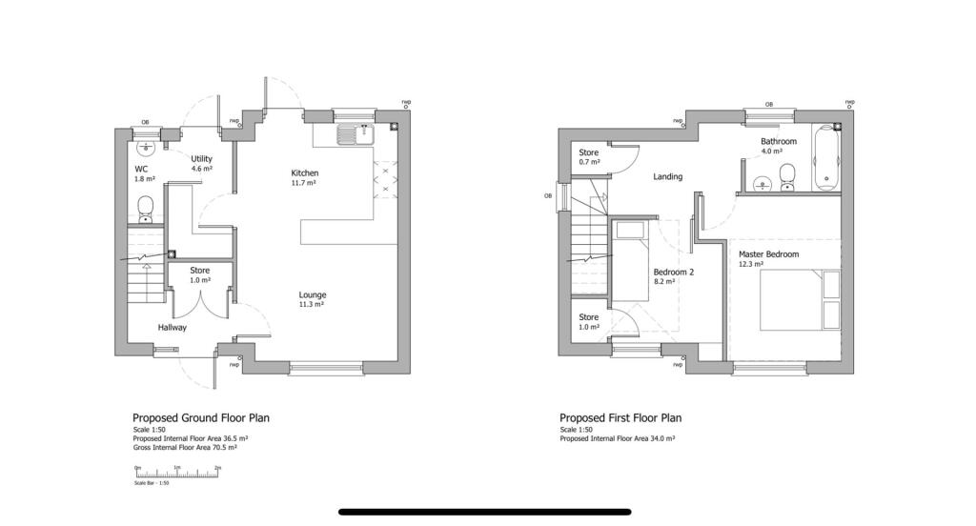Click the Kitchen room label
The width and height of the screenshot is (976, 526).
tap(305, 172)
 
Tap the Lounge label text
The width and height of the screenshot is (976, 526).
tap(313, 294)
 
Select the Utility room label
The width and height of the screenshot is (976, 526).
tap(201, 158)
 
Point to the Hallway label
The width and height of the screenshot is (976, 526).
tap(173, 327)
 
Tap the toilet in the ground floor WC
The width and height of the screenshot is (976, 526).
tap(146, 207)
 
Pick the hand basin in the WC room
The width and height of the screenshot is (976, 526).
tap(146, 148)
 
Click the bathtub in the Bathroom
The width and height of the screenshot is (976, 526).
tap(826, 157)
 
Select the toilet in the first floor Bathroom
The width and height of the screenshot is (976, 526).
tap(787, 176)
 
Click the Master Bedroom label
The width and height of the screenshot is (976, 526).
tap(768, 254)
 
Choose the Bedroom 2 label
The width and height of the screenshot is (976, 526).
tap(674, 272)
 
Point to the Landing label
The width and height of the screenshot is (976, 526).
tap(667, 176)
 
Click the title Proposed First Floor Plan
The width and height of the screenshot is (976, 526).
tap(620, 417)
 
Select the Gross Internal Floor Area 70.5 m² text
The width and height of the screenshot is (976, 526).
tap(191, 446)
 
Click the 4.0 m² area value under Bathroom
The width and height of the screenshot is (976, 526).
tap(771, 151)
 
